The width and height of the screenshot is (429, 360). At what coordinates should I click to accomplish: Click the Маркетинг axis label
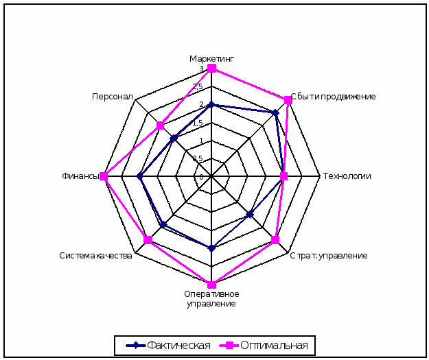pos(211,59)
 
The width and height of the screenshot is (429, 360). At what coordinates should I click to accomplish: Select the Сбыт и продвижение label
pos(333,97)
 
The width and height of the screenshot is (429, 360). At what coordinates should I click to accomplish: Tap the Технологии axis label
pos(347,176)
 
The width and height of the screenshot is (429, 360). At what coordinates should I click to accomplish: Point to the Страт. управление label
pos(328,256)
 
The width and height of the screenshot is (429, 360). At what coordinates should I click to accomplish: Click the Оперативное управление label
pos(211,299)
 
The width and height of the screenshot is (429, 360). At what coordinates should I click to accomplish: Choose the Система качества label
pos(95,256)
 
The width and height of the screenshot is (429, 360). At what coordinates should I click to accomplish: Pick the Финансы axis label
pos(81,176)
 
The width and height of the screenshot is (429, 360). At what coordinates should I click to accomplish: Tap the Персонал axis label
pos(113,97)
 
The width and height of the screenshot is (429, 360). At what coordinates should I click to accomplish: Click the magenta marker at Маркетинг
pos(212,69)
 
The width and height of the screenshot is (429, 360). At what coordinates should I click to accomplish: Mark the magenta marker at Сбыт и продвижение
pos(288,100)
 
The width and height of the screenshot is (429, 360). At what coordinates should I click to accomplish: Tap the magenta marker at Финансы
pos(104,176)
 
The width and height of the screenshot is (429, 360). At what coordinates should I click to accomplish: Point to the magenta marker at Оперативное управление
pos(211,285)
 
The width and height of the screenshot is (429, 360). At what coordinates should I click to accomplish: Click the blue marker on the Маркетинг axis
pos(211,105)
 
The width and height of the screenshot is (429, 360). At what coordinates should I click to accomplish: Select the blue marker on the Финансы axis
pos(139,176)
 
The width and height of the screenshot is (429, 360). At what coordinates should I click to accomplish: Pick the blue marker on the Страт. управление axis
pos(250,215)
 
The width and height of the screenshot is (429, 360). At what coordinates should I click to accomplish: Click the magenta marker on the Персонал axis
pos(160,125)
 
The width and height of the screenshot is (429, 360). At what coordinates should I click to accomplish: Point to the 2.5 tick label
pos(198,87)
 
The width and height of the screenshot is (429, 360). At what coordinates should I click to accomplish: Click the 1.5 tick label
pos(198,123)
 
